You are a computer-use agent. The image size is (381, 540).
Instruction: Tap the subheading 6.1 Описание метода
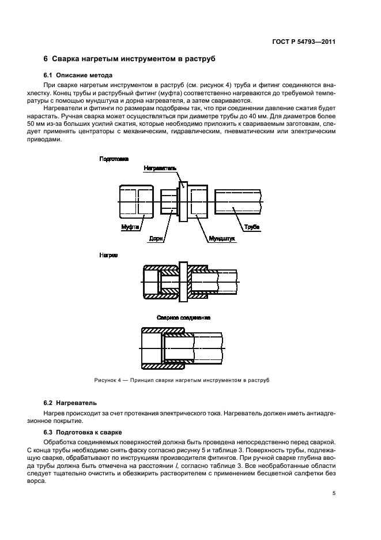click(78, 76)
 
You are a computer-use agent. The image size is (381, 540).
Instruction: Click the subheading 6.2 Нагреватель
click(70, 402)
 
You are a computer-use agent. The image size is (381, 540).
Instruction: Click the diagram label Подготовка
click(114, 158)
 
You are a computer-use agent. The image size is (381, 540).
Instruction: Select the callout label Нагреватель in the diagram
click(161, 168)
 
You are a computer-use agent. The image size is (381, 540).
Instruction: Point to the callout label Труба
click(252, 227)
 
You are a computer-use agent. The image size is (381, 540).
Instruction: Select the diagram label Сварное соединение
click(183, 317)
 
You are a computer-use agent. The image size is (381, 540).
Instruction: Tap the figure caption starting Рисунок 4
click(182, 380)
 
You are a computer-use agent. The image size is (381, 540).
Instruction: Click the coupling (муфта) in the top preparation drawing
click(137, 201)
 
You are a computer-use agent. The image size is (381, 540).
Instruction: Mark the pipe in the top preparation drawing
click(238, 201)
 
